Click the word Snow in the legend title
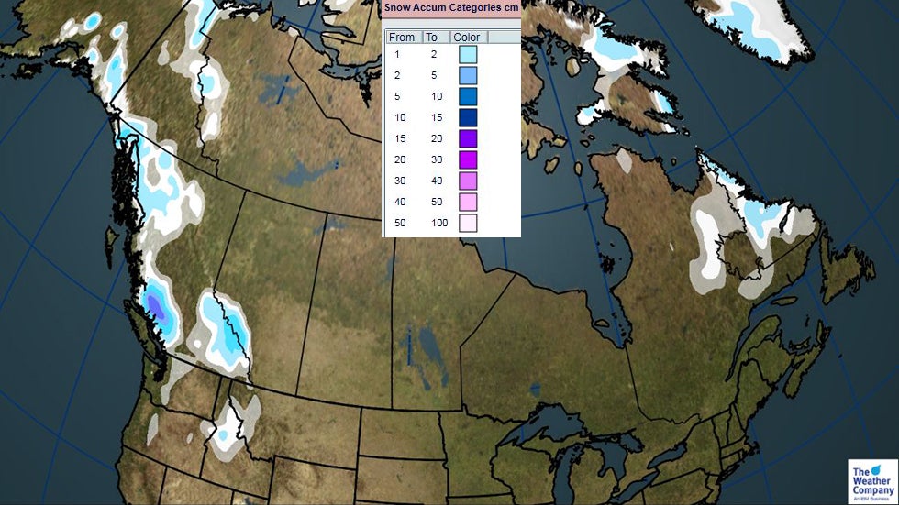tap(397, 6)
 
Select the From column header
tap(402, 38)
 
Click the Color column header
tap(468, 38)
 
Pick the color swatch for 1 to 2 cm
tap(468, 55)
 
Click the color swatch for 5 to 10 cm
tap(468, 96)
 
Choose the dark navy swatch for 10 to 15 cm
tap(468, 117)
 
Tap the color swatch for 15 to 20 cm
tap(468, 138)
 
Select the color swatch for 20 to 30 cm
tap(468, 159)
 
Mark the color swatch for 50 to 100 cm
tap(468, 223)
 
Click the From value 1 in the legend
tap(397, 55)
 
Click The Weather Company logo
tap(871, 481)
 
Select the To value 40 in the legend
tap(436, 181)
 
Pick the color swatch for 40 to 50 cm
tap(468, 202)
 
